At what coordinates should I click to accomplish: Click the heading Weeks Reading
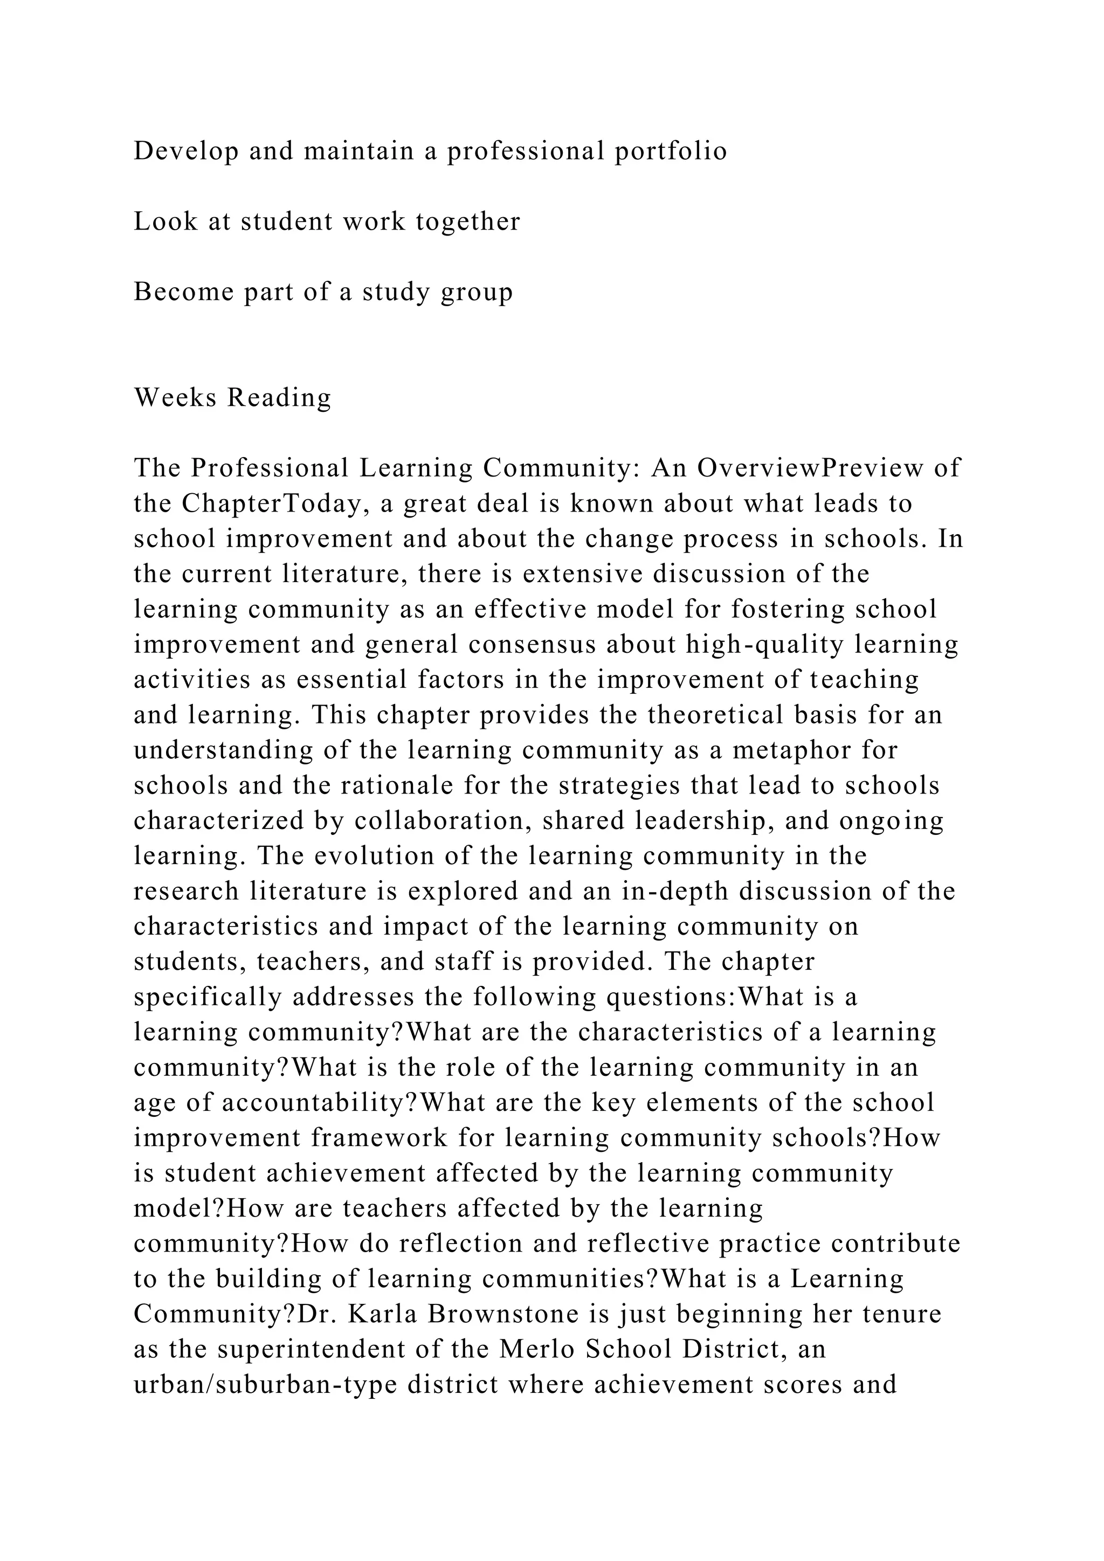point(232,398)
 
